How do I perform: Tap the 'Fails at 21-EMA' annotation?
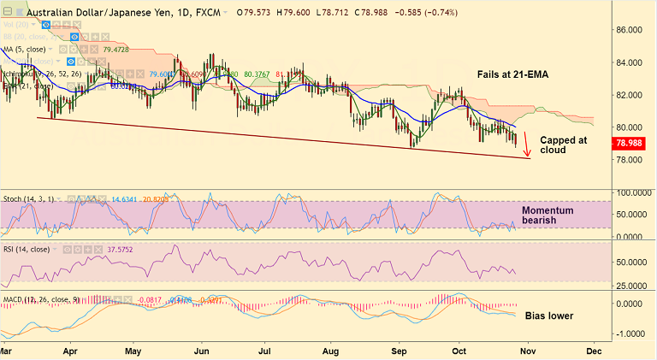(506, 75)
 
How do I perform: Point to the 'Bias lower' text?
(547, 316)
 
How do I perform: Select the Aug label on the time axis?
(332, 351)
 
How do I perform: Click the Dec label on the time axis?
(594, 351)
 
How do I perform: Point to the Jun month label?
(202, 351)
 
